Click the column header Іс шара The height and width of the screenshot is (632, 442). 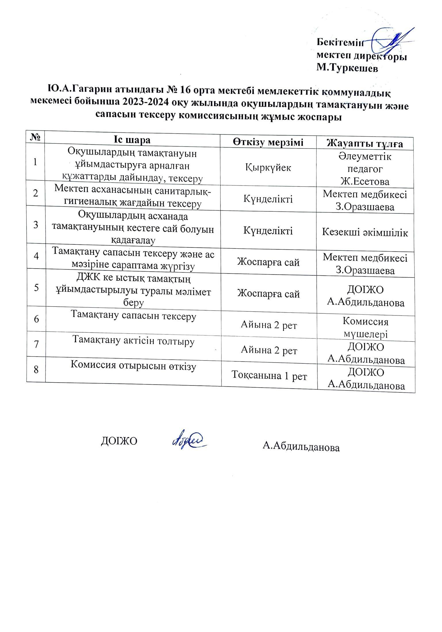132,140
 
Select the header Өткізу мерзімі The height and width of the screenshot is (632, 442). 268,142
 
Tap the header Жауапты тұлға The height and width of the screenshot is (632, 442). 366,144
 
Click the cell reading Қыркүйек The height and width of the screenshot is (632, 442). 268,167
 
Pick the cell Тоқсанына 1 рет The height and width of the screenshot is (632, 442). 269,376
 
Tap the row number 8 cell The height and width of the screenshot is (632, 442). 36,369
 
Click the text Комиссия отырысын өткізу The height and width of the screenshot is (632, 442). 133,366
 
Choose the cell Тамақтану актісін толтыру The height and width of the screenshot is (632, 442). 133,341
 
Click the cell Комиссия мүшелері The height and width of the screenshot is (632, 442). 366,328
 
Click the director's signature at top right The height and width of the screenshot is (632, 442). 391,40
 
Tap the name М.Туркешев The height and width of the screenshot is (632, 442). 347,68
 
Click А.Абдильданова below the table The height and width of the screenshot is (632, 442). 301,447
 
